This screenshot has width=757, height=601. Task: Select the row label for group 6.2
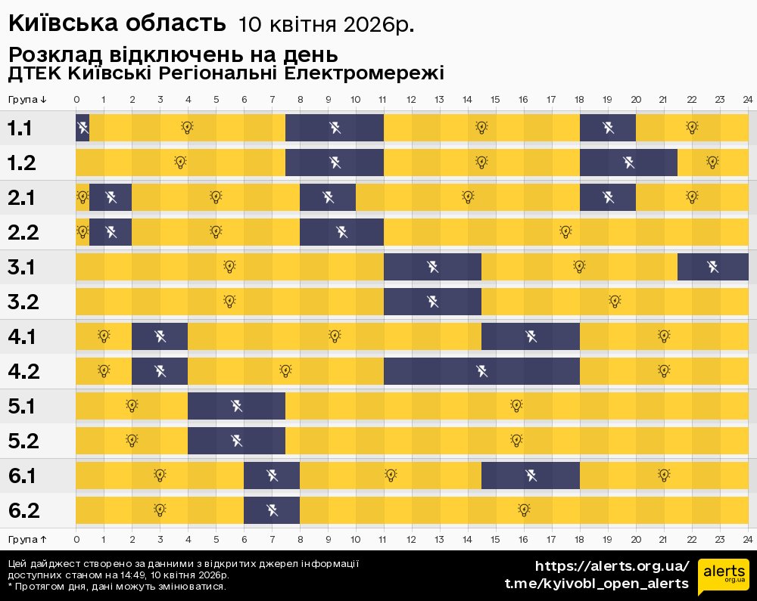pyautogui.click(x=23, y=511)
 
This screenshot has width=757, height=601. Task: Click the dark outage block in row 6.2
pyautogui.click(x=272, y=510)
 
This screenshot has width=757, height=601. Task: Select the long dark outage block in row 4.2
pyautogui.click(x=481, y=370)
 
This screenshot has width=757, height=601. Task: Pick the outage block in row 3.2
pyautogui.click(x=432, y=302)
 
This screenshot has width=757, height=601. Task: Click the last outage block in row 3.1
pyautogui.click(x=712, y=267)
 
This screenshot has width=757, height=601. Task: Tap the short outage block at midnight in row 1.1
pyautogui.click(x=83, y=128)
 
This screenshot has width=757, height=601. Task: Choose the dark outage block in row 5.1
pyautogui.click(x=236, y=406)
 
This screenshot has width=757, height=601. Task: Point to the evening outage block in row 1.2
pyautogui.click(x=628, y=162)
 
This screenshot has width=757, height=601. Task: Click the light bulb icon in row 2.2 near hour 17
pyautogui.click(x=565, y=231)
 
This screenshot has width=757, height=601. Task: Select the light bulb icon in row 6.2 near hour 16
pyautogui.click(x=523, y=510)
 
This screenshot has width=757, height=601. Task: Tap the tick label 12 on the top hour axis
pyautogui.click(x=411, y=100)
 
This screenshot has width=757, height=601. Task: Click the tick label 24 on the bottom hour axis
pyautogui.click(x=747, y=539)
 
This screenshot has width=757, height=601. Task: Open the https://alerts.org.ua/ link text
pyautogui.click(x=612, y=566)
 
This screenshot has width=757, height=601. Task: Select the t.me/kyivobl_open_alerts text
pyautogui.click(x=597, y=584)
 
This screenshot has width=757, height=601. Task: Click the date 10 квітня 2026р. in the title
pyautogui.click(x=326, y=25)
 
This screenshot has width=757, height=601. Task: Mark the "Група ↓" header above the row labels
pyautogui.click(x=28, y=100)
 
